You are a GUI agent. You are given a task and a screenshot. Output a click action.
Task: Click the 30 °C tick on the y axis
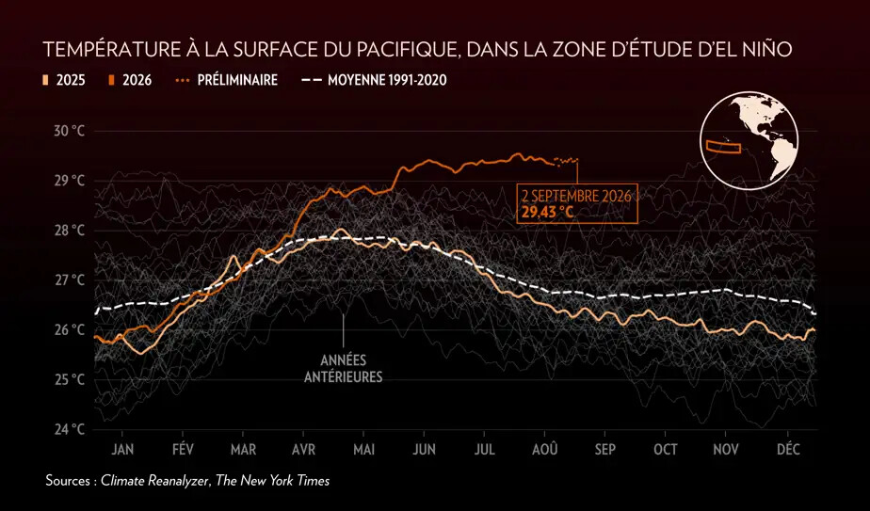click(70, 132)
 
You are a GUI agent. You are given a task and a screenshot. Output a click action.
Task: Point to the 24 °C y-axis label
click(70, 429)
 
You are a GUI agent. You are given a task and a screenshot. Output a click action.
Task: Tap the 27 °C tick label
click(70, 280)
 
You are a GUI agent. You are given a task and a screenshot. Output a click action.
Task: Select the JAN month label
click(122, 450)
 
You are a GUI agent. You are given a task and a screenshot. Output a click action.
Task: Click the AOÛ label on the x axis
click(545, 449)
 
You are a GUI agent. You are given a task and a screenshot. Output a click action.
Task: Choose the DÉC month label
click(788, 449)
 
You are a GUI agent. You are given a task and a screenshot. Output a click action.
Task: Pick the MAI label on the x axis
click(364, 450)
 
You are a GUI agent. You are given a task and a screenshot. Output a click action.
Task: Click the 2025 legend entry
click(64, 80)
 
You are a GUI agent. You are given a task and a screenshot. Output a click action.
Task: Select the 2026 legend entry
click(130, 80)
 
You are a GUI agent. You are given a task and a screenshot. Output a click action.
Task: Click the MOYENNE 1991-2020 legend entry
click(374, 80)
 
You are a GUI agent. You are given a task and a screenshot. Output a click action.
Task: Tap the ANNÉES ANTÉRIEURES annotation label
click(344, 369)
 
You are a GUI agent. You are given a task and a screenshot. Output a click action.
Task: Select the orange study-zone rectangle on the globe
click(723, 147)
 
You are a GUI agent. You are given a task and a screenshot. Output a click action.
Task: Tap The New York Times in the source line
click(272, 481)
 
